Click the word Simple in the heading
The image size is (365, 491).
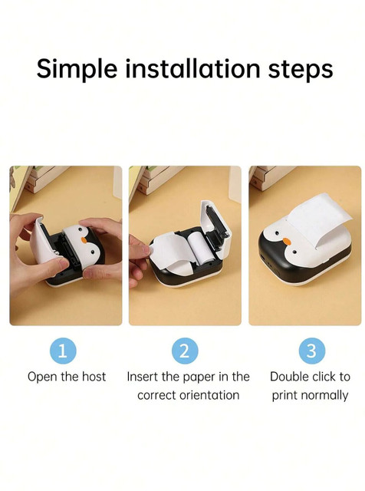pyautogui.click(x=77, y=69)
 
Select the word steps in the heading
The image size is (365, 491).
pyautogui.click(x=301, y=70)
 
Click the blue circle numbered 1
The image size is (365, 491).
pyautogui.click(x=63, y=351)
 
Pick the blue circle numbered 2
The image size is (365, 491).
pyautogui.click(x=185, y=351)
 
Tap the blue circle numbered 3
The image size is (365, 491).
pyautogui.click(x=312, y=351)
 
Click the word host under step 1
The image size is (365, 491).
pyautogui.click(x=94, y=377)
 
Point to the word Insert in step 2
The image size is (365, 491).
pyautogui.click(x=143, y=377)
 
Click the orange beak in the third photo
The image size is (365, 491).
pyautogui.click(x=287, y=241)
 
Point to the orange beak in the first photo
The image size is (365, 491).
pyautogui.click(x=84, y=240)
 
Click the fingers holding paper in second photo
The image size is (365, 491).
pyautogui.click(x=138, y=260)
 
